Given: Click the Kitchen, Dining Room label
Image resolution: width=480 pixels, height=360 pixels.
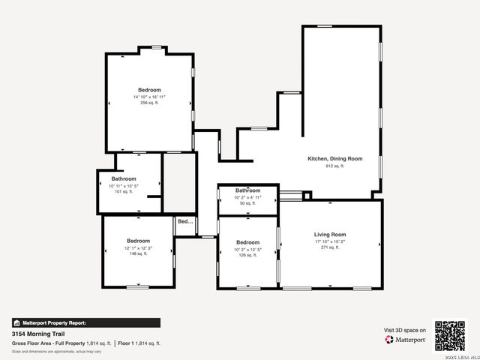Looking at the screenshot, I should pyautogui.click(x=334, y=159).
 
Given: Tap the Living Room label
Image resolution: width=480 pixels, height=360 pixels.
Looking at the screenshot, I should pyautogui.click(x=330, y=235).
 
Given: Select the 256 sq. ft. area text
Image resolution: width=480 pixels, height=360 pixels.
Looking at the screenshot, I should pyautogui.click(x=149, y=103).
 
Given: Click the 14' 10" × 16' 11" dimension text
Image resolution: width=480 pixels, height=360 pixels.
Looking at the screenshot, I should pyautogui.click(x=149, y=97).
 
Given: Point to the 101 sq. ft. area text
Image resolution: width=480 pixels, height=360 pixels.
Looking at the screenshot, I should pyautogui.click(x=123, y=191).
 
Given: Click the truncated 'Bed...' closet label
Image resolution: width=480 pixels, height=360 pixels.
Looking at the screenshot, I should pyautogui.click(x=184, y=222).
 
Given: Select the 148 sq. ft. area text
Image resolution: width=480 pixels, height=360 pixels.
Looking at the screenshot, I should pyautogui.click(x=138, y=253).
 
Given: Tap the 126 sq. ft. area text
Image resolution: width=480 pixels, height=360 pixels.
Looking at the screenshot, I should pyautogui.click(x=247, y=255).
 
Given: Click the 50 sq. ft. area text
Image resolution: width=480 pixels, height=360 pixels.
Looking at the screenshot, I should pyautogui.click(x=247, y=203).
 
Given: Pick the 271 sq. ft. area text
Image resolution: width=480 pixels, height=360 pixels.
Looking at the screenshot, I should pyautogui.click(x=330, y=247).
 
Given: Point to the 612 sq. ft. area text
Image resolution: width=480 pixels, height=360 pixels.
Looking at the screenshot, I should pyautogui.click(x=334, y=166).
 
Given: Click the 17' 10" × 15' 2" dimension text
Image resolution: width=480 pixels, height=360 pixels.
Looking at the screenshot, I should pyautogui.click(x=330, y=241).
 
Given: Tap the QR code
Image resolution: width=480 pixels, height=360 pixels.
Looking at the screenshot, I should pyautogui.click(x=450, y=335).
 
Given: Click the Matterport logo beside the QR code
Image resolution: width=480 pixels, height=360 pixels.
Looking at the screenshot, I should pyautogui.click(x=406, y=340).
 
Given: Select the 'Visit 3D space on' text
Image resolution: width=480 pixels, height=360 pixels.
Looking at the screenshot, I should pyautogui.click(x=405, y=330).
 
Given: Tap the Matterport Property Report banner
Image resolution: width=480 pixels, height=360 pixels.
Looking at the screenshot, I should pyautogui.click(x=85, y=322).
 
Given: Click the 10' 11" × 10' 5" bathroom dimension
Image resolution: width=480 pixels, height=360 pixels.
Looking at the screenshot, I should pyautogui.click(x=124, y=185).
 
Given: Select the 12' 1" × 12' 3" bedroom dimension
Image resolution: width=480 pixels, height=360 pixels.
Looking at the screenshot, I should pyautogui.click(x=138, y=247).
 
